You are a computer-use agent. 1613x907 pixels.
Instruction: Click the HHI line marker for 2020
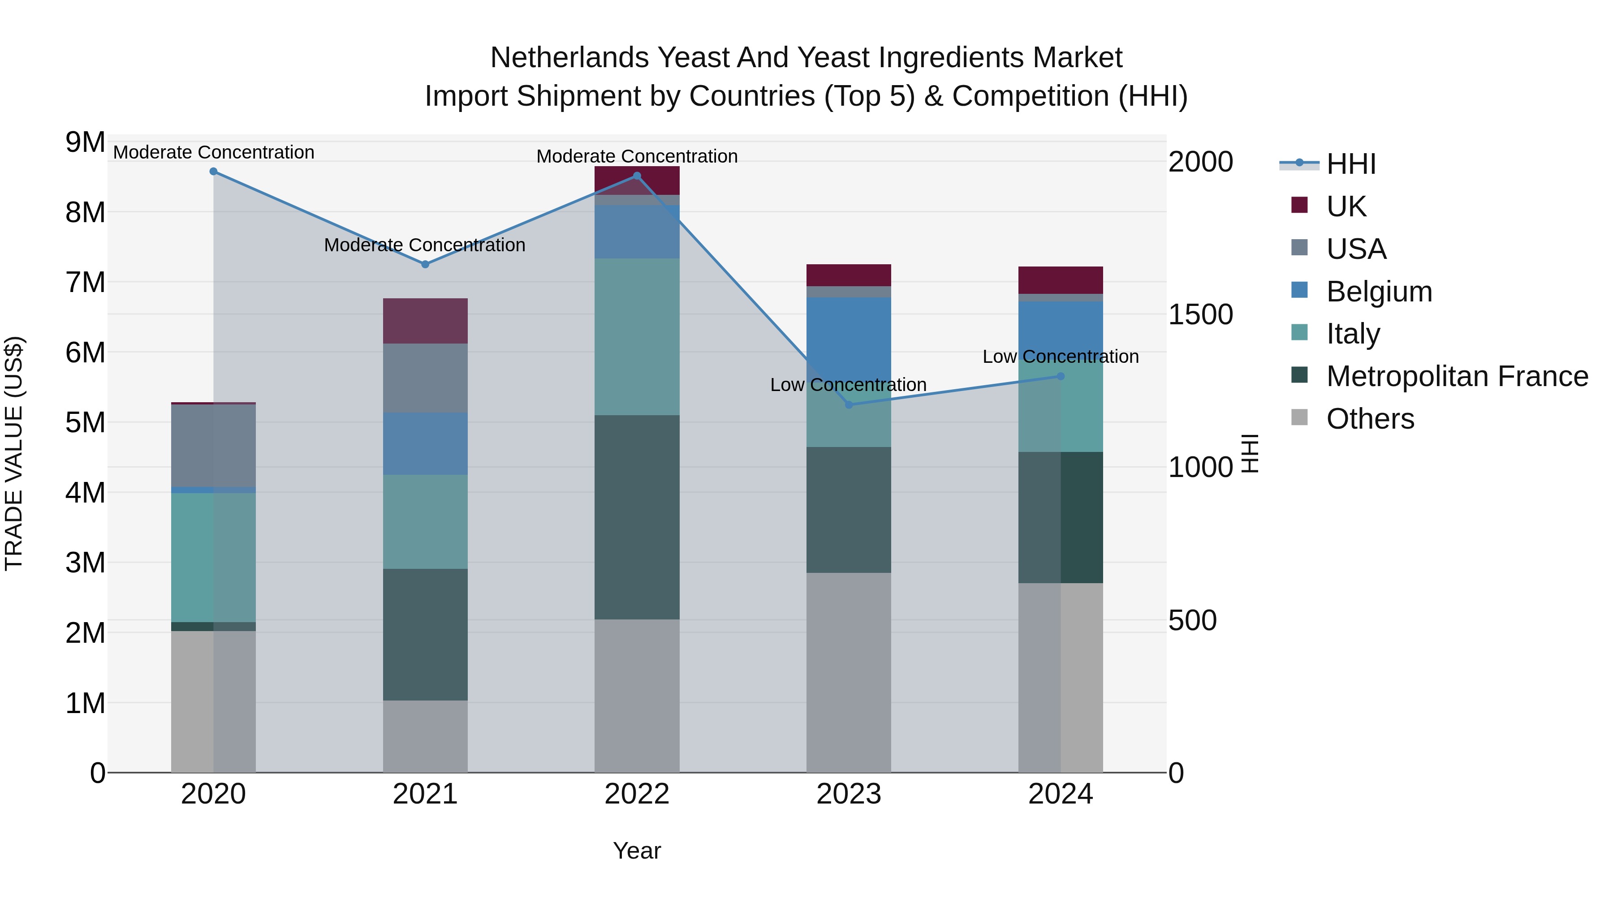[x=214, y=172]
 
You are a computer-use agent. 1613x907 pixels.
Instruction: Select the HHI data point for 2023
[x=849, y=405]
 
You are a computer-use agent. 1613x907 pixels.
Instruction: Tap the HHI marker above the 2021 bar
[x=425, y=264]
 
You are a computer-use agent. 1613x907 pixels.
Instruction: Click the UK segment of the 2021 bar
[x=425, y=321]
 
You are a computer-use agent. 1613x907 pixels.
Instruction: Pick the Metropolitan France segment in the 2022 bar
[x=637, y=517]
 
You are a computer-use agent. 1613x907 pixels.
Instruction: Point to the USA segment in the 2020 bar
[x=214, y=446]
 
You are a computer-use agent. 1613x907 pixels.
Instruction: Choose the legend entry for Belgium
[x=1379, y=292]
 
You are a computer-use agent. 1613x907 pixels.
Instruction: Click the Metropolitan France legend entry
[x=1457, y=376]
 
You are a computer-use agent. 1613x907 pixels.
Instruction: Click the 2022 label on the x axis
[x=637, y=794]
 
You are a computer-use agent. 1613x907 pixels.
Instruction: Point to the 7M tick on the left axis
[x=85, y=282]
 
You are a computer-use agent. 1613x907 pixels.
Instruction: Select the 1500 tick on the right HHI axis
[x=1200, y=314]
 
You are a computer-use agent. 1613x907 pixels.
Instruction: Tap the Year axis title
[x=637, y=851]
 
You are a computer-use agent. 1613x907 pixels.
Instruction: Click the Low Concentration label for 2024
[x=1060, y=357]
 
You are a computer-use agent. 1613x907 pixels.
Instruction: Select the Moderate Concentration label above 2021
[x=425, y=245]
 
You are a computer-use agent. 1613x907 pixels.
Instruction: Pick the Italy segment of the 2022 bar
[x=637, y=337]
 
